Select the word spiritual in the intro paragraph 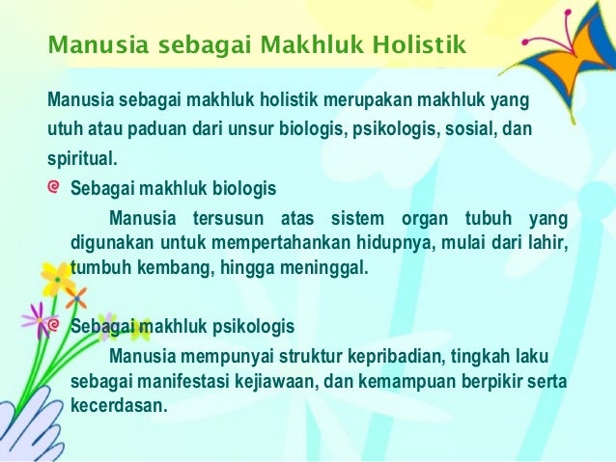[83, 157]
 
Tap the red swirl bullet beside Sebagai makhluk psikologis [56, 325]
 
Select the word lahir [545, 240]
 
